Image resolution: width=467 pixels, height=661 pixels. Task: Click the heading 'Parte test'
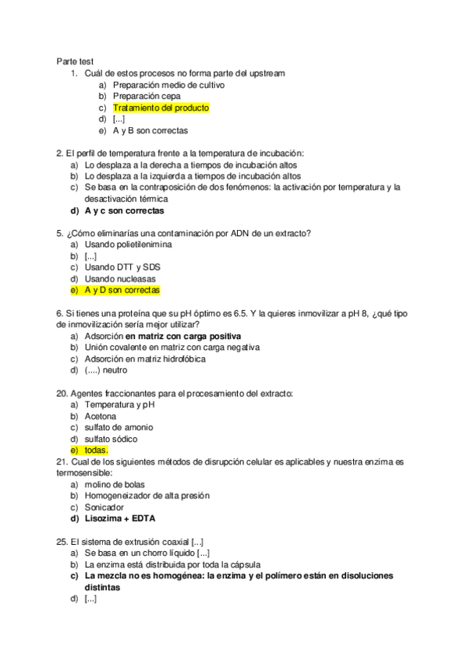pos(76,62)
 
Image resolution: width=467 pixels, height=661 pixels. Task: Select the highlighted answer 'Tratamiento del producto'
pos(161,108)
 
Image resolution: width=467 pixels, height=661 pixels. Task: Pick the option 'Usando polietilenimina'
pos(129,245)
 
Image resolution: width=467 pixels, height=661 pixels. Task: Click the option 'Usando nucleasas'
pos(120,279)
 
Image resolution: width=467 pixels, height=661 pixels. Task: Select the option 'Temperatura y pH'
pos(119,405)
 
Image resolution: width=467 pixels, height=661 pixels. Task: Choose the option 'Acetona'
pos(101,416)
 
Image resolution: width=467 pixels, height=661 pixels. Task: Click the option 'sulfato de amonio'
pos(119,427)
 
